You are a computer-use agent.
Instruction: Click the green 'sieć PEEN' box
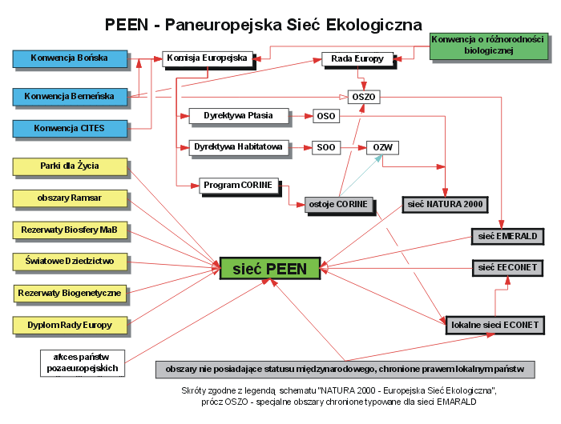(x=270, y=269)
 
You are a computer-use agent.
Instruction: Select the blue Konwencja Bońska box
(x=71, y=58)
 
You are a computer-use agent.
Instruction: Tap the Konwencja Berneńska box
(x=71, y=97)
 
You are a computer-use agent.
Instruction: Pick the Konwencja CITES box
(x=71, y=128)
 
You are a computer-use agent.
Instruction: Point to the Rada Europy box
(x=357, y=58)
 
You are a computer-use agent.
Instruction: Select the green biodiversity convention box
(x=488, y=46)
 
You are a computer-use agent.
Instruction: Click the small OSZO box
(x=363, y=97)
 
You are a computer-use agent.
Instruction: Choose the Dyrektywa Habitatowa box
(x=237, y=147)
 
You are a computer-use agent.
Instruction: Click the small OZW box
(x=382, y=147)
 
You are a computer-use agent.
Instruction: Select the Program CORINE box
(x=237, y=186)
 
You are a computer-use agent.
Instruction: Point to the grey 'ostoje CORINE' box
(x=339, y=205)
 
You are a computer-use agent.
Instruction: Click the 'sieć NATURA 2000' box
(x=444, y=205)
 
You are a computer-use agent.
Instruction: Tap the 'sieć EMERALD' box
(x=508, y=237)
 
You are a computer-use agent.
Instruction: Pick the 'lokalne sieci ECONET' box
(x=496, y=325)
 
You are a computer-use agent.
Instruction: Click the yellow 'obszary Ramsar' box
(x=71, y=198)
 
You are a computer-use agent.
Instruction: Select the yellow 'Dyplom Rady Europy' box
(x=71, y=325)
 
